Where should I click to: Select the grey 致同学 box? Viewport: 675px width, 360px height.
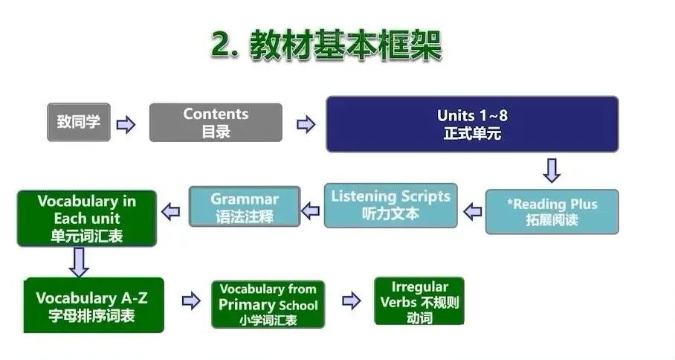(78, 122)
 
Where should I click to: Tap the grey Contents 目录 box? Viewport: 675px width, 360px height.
(216, 122)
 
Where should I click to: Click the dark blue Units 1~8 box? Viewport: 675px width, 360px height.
(472, 124)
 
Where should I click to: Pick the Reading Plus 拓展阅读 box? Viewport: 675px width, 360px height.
(552, 212)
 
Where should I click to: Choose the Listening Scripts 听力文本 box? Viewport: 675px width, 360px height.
(390, 205)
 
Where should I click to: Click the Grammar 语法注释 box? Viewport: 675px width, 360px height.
(245, 207)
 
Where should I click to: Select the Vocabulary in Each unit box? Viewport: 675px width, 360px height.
(86, 219)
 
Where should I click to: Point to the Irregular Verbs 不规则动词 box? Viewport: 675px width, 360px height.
(419, 301)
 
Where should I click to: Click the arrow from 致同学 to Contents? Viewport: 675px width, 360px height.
(126, 124)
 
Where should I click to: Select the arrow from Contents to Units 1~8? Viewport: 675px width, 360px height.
(306, 124)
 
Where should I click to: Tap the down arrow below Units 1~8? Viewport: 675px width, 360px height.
(551, 170)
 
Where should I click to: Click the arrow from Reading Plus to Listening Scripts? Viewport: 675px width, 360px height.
(472, 212)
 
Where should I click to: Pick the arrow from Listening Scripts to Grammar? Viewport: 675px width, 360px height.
(311, 210)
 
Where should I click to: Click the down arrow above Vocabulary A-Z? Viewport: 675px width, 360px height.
(79, 261)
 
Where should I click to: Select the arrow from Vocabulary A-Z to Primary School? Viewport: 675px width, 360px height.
(191, 300)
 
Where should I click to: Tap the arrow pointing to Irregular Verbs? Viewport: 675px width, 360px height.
(351, 300)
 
